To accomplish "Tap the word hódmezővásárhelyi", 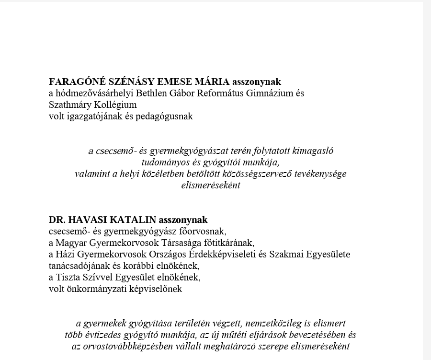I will [95, 93].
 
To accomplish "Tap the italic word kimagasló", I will [311, 151].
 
